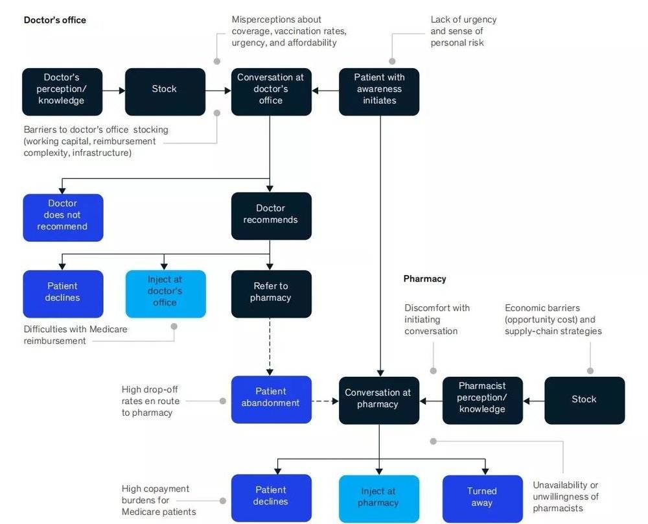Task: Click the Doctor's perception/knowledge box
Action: (x=62, y=92)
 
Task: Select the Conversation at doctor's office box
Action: (x=271, y=92)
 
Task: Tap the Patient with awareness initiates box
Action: (x=379, y=92)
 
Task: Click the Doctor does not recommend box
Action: (x=63, y=217)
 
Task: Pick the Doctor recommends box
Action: (x=271, y=216)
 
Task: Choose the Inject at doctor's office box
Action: (x=165, y=294)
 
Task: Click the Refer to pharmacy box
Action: (x=271, y=294)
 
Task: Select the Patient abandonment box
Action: (x=271, y=399)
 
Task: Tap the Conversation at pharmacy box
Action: (x=379, y=400)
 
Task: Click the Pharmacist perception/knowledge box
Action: (x=482, y=400)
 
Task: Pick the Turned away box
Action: (x=482, y=499)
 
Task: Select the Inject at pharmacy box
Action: (x=379, y=499)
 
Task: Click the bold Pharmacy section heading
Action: (x=425, y=279)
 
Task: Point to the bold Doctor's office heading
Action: (x=55, y=20)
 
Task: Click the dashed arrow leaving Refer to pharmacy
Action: (x=270, y=346)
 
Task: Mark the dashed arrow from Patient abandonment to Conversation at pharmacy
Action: (x=325, y=401)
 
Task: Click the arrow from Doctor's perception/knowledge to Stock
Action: (x=113, y=90)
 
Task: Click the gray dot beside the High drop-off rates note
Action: (x=223, y=401)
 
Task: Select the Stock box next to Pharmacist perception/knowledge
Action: (x=584, y=400)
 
